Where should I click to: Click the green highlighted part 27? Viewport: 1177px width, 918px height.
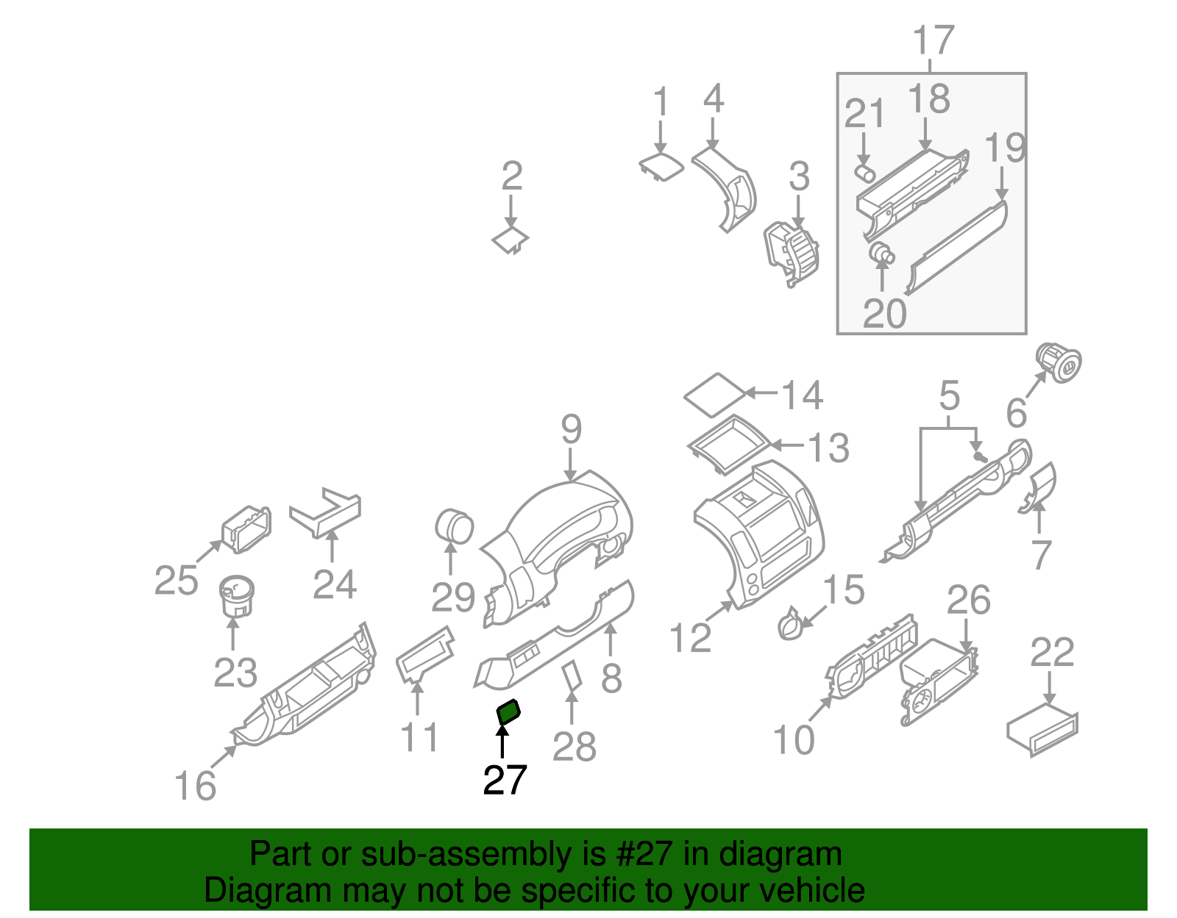pyautogui.click(x=508, y=712)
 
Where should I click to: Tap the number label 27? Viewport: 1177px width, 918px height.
pyautogui.click(x=505, y=780)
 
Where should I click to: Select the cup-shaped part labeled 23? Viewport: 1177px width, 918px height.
pyautogui.click(x=236, y=596)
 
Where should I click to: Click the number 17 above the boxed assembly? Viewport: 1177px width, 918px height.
pyautogui.click(x=933, y=41)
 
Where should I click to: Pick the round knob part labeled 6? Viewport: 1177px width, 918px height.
pyautogui.click(x=1059, y=362)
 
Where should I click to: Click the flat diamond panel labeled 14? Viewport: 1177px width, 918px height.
pyautogui.click(x=714, y=395)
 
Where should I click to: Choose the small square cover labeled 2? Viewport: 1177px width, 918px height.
pyautogui.click(x=510, y=240)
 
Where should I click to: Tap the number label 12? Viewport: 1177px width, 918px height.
pyautogui.click(x=691, y=637)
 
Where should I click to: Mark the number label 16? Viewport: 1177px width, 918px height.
pyautogui.click(x=195, y=786)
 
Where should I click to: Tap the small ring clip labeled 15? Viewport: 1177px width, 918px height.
pyautogui.click(x=790, y=625)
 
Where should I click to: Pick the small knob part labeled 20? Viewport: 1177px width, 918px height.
pyautogui.click(x=881, y=254)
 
